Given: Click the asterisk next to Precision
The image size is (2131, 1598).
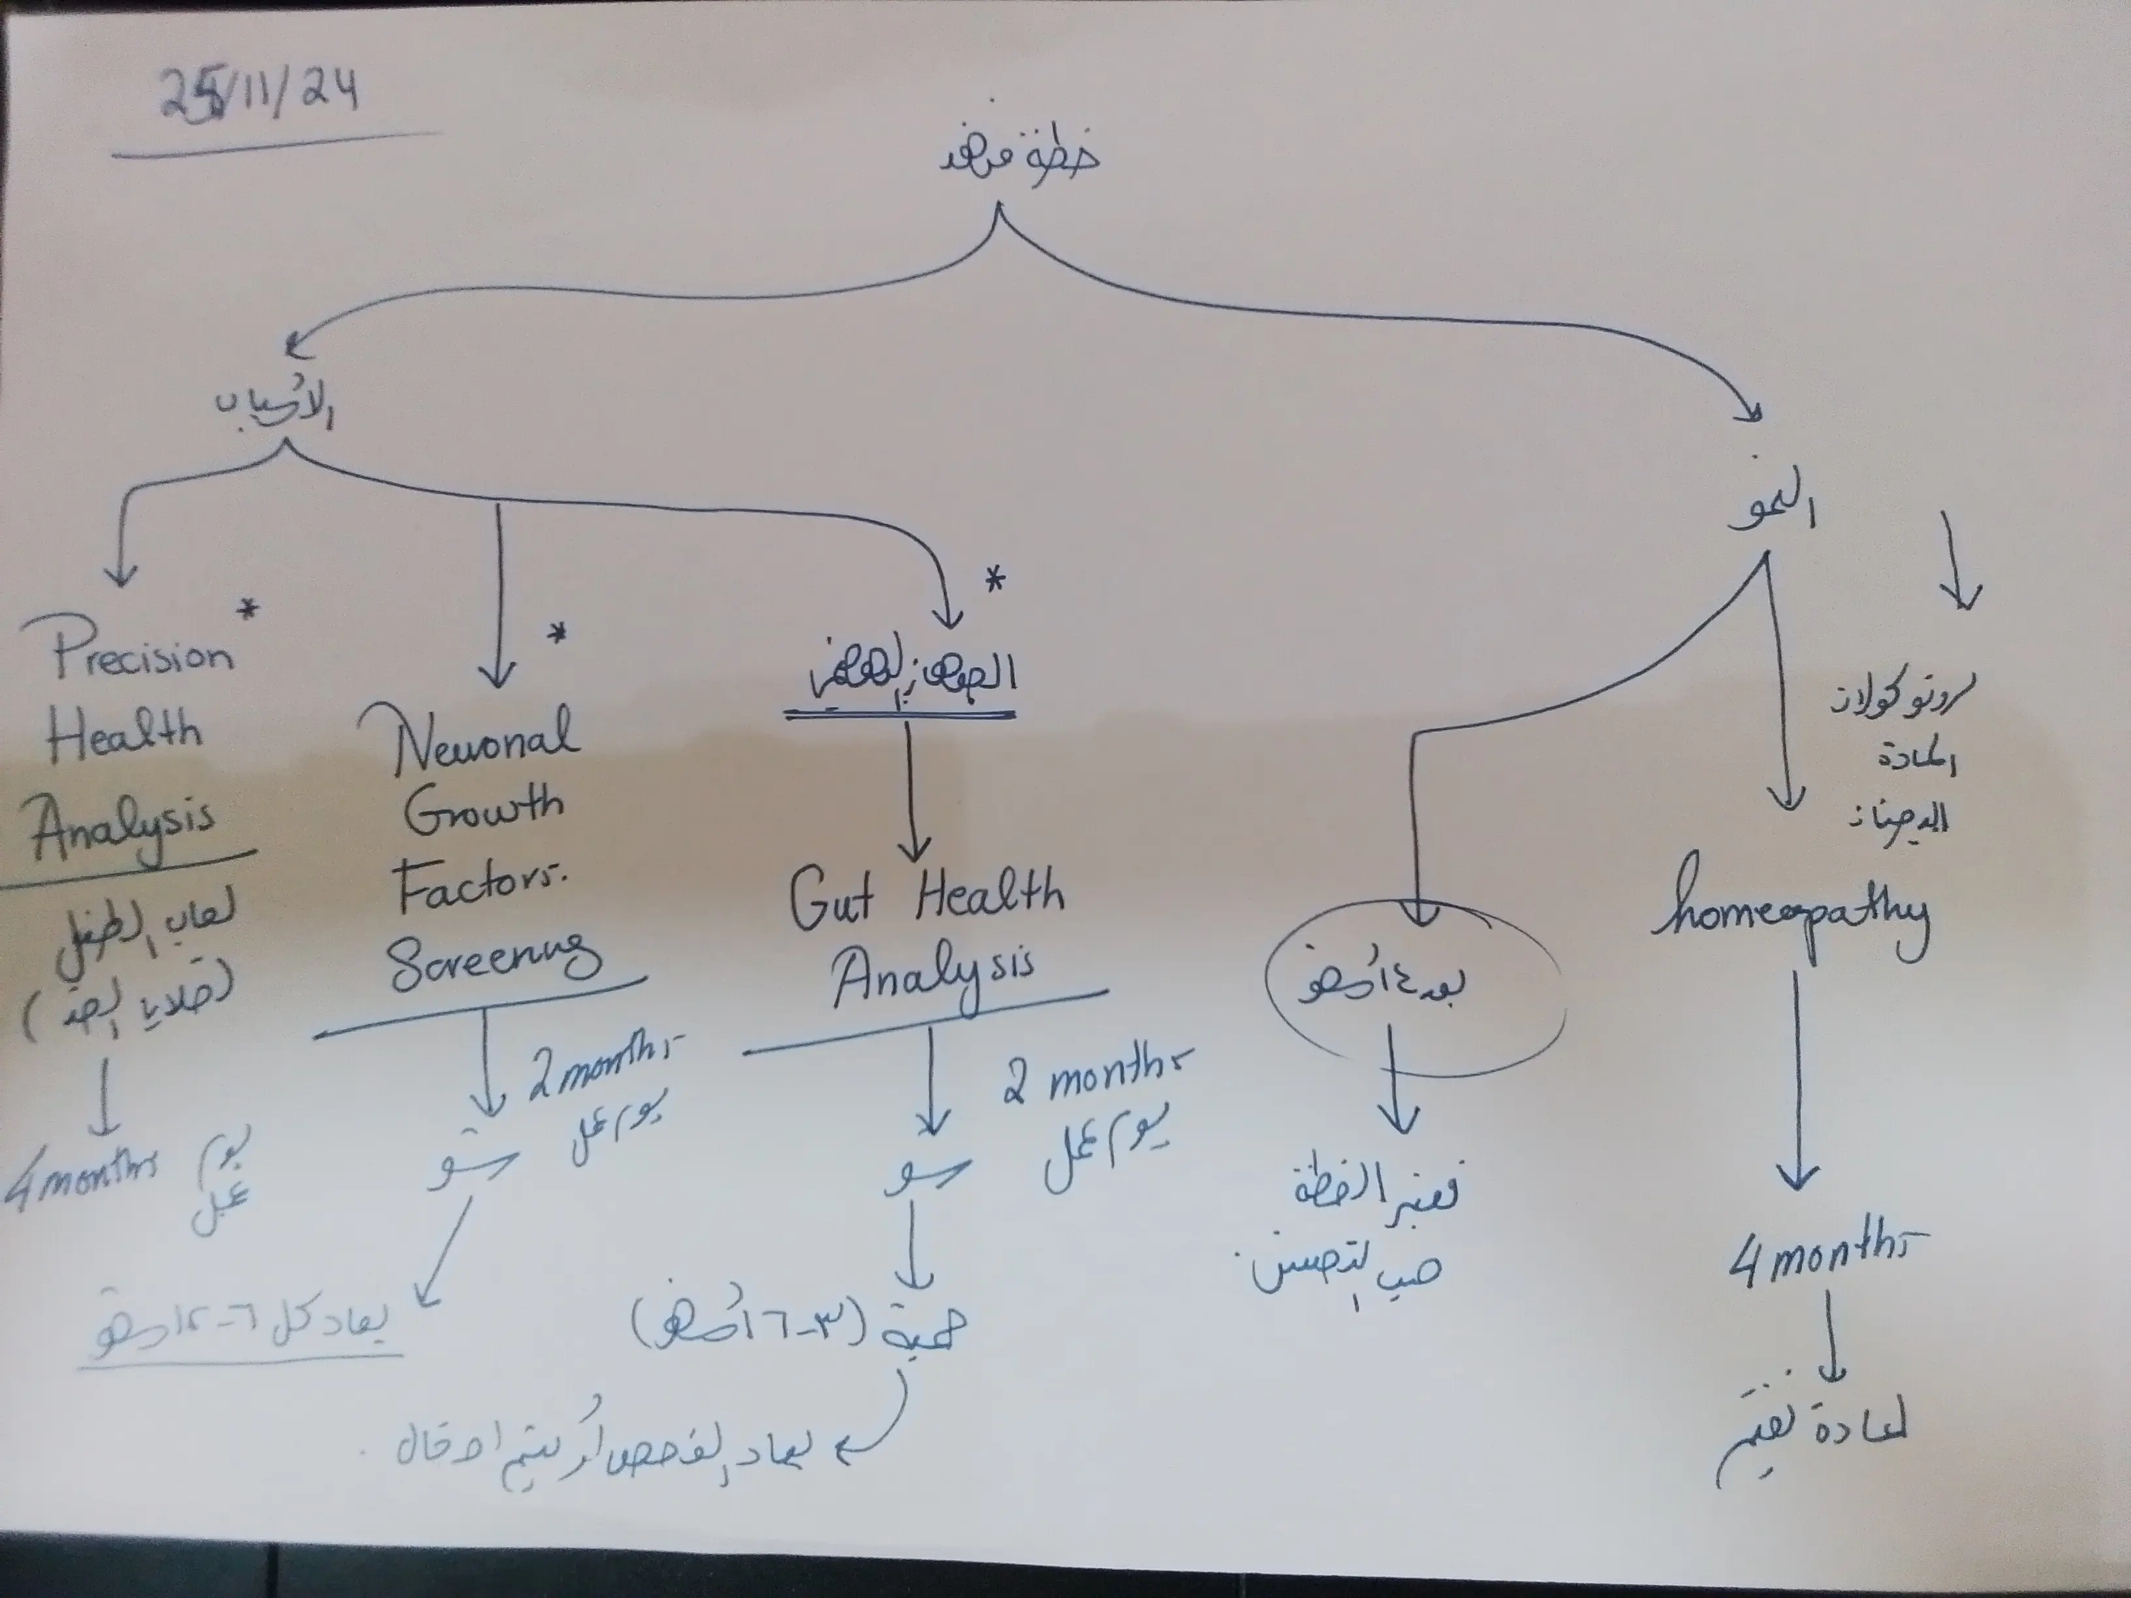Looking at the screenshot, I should pyautogui.click(x=249, y=609).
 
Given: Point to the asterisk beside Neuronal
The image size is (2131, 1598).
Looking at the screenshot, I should pyautogui.click(x=557, y=634).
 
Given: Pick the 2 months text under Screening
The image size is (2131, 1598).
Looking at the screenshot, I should pyautogui.click(x=602, y=1066).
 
